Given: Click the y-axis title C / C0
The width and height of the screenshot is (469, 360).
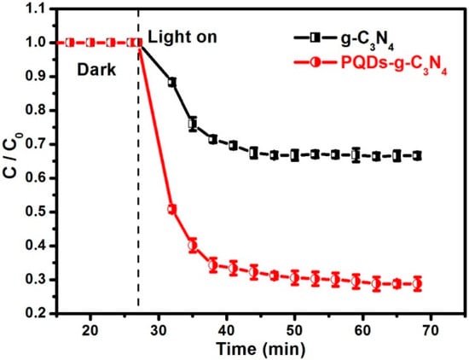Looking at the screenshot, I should click(12, 160).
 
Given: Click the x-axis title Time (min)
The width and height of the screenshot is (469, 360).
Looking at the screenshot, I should click(260, 349).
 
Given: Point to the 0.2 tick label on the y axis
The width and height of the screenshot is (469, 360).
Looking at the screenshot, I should click(34, 313).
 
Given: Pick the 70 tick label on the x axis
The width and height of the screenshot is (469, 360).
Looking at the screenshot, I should click(430, 328).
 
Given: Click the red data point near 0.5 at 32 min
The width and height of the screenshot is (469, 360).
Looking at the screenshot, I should click(172, 209).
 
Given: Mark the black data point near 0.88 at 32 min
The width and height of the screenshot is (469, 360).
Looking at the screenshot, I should click(172, 82).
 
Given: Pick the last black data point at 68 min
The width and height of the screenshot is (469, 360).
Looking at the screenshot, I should click(417, 155).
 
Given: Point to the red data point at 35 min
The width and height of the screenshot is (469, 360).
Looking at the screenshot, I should click(193, 244).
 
